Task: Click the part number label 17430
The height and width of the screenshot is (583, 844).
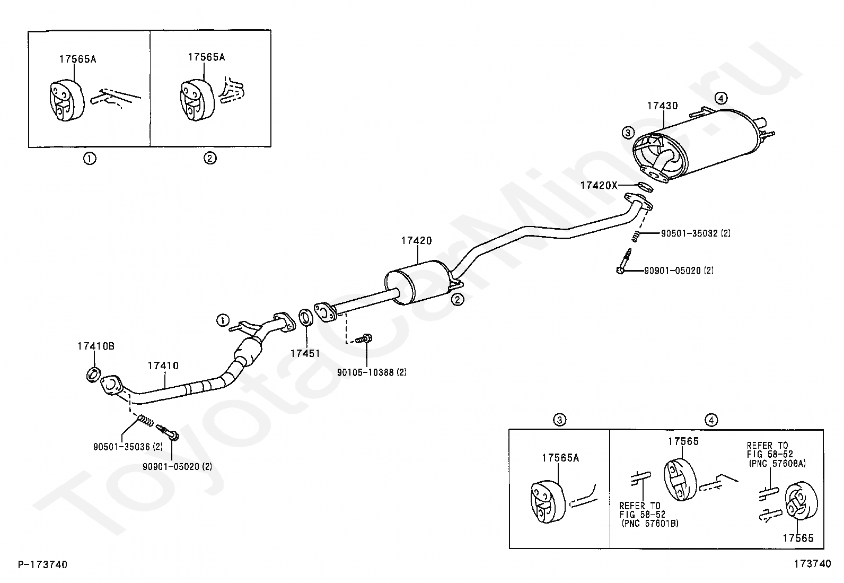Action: point(662,106)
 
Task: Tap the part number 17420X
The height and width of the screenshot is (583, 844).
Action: point(599,185)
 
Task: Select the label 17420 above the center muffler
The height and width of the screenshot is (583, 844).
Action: point(416,241)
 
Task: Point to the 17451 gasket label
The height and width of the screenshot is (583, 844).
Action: point(305,353)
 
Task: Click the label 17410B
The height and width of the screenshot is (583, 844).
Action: point(96,346)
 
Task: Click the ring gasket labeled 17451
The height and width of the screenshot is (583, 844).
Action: point(305,318)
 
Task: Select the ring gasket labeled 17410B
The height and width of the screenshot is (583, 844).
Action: point(93,374)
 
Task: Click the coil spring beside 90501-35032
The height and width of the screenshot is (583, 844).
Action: point(636,236)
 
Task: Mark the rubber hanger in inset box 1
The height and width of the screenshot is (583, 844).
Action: point(66,100)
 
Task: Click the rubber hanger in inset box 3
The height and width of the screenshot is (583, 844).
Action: point(548,501)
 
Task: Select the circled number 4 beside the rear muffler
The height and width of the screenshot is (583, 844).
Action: point(721,99)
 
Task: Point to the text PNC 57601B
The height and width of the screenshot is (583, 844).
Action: point(650,524)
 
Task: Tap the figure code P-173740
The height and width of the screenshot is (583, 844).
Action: point(42,564)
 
